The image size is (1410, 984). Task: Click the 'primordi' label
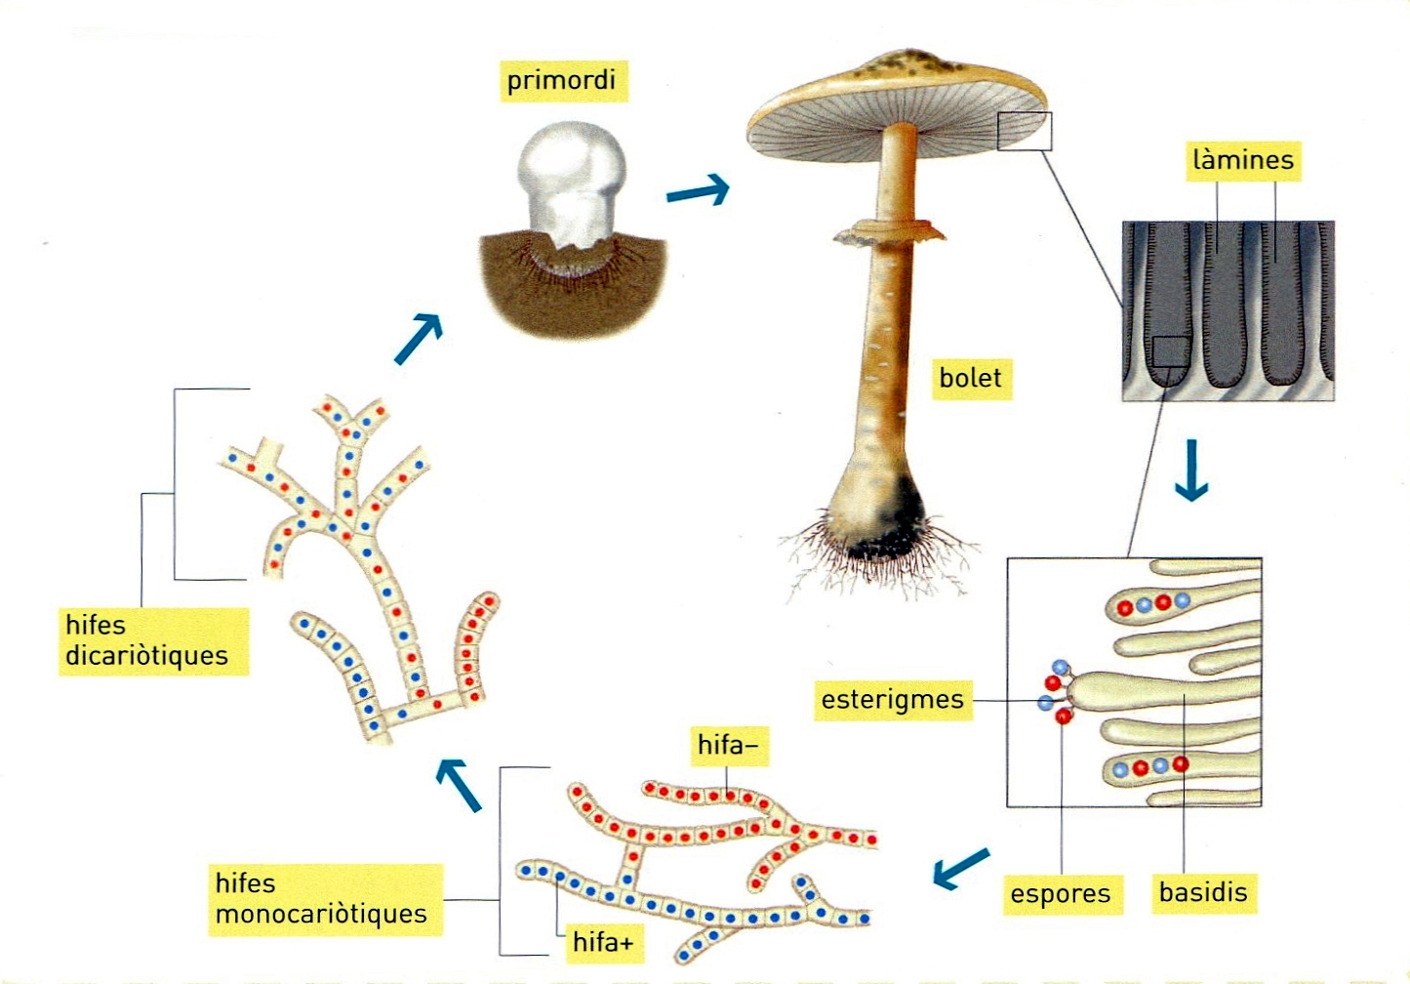561,80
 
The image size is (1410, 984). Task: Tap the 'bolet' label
970,378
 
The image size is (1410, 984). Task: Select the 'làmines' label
1243,160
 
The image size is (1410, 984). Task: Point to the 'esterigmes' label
892,700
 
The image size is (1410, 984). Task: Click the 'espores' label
1061,894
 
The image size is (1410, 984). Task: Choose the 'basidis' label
1203,892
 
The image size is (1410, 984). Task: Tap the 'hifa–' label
728,746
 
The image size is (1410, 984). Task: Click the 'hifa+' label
603,942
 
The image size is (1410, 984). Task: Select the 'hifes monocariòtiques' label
321,898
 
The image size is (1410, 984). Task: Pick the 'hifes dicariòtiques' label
147,640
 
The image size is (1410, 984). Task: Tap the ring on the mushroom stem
890,232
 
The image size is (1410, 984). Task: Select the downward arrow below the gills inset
1191,471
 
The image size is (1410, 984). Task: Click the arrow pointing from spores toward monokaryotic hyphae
961,868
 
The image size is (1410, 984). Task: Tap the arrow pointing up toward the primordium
420,339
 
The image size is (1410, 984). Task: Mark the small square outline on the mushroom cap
1025,131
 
